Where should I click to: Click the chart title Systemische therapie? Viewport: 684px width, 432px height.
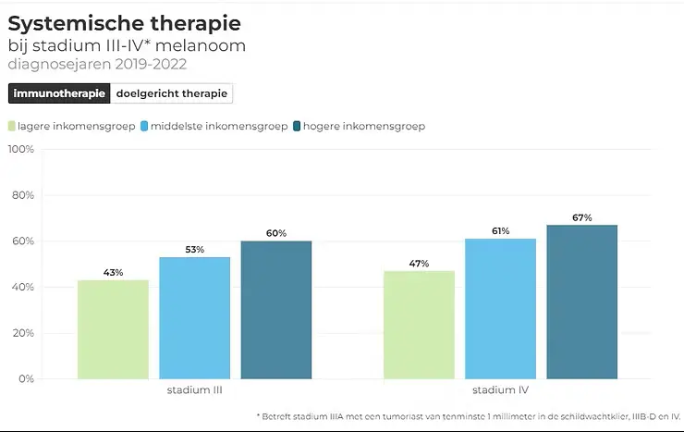(124, 22)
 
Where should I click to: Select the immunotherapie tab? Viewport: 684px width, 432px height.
(59, 93)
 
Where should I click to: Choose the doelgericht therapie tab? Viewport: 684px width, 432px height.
(171, 93)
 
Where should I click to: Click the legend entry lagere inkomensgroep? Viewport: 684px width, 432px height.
(72, 126)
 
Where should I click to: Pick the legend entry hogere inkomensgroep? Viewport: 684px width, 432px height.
(358, 126)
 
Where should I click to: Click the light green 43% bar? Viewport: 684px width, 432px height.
(113, 328)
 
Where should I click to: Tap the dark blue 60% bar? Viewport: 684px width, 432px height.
(276, 309)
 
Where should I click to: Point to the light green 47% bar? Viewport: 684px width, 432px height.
(419, 324)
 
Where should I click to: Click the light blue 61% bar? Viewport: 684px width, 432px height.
(500, 308)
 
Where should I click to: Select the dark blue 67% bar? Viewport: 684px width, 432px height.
(581, 302)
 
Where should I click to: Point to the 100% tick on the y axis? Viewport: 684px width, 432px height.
(20, 150)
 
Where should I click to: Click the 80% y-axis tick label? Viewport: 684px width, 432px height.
(22, 196)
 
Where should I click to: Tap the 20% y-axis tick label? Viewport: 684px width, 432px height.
(22, 333)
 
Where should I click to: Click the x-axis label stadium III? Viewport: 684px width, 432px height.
(194, 390)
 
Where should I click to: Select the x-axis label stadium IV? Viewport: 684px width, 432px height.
(500, 390)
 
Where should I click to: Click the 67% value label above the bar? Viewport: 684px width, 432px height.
(581, 217)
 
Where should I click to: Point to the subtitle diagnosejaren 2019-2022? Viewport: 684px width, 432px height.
(97, 65)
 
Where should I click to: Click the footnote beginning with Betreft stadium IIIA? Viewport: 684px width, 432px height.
(468, 417)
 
